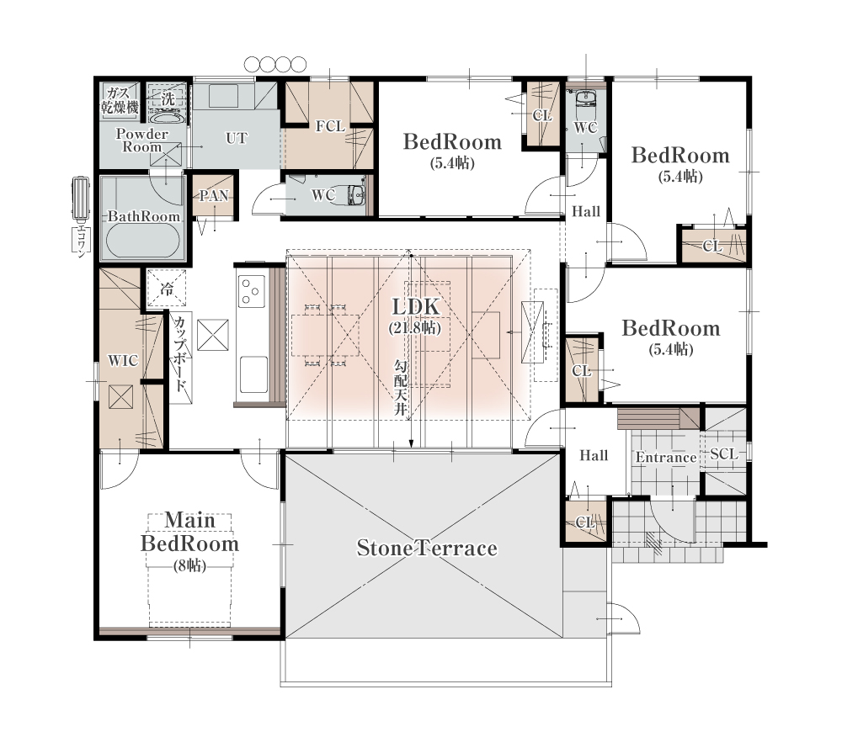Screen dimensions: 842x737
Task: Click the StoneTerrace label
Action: coord(427,548)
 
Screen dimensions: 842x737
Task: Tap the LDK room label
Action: coord(416,307)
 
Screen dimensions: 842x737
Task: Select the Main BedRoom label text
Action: coord(189,532)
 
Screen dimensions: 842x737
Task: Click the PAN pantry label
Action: coord(214,196)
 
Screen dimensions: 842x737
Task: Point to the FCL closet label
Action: coord(330,126)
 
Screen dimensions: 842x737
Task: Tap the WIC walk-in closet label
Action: coord(123,360)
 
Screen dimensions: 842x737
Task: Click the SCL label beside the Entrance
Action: coord(724,453)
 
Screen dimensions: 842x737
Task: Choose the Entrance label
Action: coord(666,457)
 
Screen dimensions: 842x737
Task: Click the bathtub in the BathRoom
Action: coord(143,241)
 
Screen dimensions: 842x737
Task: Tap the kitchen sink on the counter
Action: coord(253,374)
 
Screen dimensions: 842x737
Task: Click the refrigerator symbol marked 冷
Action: coord(167,289)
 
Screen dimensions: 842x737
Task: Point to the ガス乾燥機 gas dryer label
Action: coord(120,100)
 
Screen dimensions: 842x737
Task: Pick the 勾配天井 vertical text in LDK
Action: coord(401,387)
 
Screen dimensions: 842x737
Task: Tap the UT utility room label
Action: coord(237,138)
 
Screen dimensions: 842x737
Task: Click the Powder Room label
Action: coord(141,140)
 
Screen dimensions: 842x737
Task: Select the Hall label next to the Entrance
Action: coord(594,455)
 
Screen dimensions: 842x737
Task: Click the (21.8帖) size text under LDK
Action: coord(415,327)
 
